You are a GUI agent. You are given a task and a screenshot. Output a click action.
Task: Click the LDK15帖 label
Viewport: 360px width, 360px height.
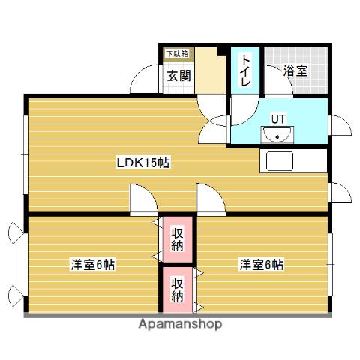tap(142, 162)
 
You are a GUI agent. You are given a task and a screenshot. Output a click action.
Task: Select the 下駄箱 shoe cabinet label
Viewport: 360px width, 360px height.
tap(177, 54)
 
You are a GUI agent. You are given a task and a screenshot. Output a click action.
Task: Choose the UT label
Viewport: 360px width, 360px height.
tap(278, 118)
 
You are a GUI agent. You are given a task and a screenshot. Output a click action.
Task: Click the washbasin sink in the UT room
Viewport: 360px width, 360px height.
tap(277, 136)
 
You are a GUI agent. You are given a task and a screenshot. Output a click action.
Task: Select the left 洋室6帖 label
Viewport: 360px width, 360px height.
tap(93, 265)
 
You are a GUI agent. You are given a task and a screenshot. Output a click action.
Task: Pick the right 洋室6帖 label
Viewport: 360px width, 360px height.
tap(261, 265)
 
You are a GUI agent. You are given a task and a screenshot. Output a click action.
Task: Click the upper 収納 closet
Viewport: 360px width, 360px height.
tap(177, 238)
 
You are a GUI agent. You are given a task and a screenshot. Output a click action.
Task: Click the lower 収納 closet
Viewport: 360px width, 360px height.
tap(177, 289)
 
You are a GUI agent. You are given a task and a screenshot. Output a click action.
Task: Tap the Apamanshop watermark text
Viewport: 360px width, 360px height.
tap(179, 325)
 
